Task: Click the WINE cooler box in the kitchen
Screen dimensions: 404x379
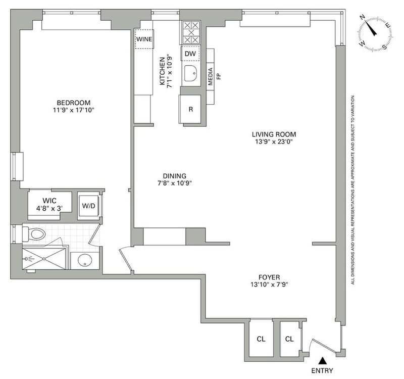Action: pos(144,39)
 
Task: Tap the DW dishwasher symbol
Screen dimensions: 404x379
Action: pos(190,54)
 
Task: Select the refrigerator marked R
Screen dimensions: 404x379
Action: pos(190,109)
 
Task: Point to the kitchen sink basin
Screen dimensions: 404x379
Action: pos(191,73)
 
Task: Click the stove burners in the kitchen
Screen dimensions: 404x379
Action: pos(191,33)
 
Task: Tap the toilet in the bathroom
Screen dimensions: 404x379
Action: pos(34,234)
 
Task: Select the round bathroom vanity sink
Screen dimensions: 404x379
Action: pos(85,260)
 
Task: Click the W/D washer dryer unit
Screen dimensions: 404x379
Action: pos(89,206)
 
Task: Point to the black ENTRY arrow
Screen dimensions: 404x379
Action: pos(322,360)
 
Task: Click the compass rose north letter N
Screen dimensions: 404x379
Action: pos(363,18)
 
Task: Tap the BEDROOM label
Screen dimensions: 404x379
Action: pos(74,103)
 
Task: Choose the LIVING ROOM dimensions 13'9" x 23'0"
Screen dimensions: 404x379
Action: pos(274,141)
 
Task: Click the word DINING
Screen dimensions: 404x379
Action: pos(174,176)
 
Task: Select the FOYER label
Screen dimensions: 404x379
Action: pos(269,277)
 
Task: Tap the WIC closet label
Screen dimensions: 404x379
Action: pos(49,201)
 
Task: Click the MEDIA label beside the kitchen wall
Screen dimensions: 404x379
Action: pos(211,77)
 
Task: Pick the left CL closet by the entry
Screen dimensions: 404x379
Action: pos(261,339)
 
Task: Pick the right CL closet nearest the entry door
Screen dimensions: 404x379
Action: pos(289,339)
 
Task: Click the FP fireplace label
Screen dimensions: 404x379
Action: pos(219,76)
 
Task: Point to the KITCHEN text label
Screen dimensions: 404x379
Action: pos(162,71)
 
